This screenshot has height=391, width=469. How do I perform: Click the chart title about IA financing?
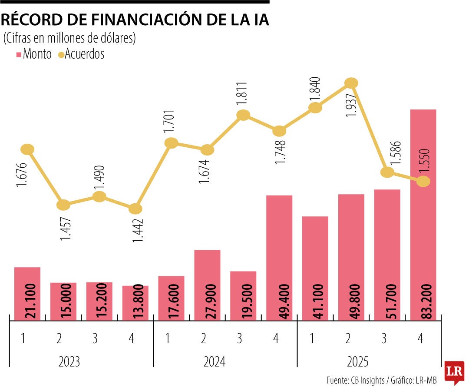135,20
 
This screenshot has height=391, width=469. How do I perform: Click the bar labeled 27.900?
207,285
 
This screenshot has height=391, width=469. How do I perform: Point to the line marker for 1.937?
351,83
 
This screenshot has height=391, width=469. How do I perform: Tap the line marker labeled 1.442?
135,209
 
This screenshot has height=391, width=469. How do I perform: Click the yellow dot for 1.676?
27,149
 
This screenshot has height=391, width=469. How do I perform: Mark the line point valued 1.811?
243,115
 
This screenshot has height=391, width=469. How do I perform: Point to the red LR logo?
455,371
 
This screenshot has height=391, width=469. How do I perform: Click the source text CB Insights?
367,380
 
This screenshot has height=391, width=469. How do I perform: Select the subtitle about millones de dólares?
70,38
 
